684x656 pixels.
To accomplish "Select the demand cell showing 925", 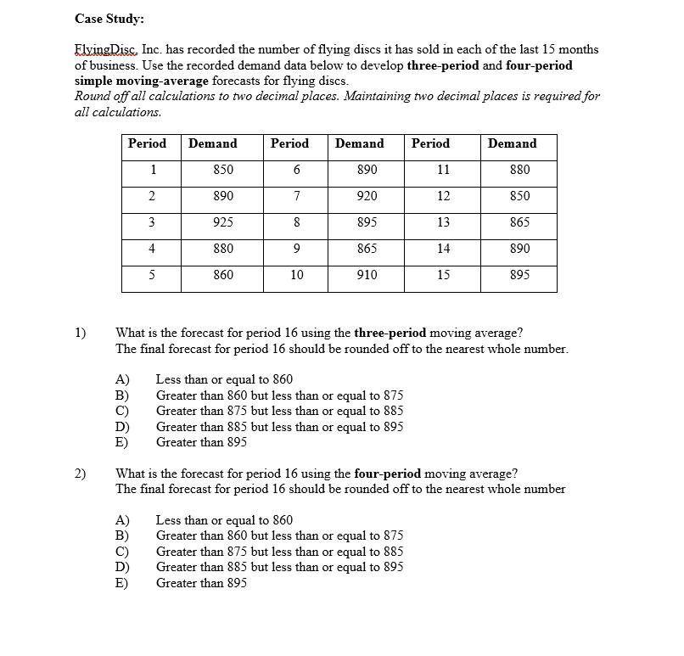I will (223, 222).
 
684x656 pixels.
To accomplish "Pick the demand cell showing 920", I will (367, 196).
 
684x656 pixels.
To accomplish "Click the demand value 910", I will (367, 275).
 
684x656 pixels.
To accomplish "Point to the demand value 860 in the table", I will (223, 275).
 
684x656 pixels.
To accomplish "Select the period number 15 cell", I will (443, 275).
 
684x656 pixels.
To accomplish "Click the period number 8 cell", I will (296, 222).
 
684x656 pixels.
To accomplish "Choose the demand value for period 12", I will (519, 196).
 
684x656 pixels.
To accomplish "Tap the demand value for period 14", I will (519, 249).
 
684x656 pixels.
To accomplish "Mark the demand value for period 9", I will (367, 249).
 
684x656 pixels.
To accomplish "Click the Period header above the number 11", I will (430, 143).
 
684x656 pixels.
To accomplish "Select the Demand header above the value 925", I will (213, 143).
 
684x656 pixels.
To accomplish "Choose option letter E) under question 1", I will (122, 443).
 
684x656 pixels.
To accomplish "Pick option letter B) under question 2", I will (122, 536).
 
